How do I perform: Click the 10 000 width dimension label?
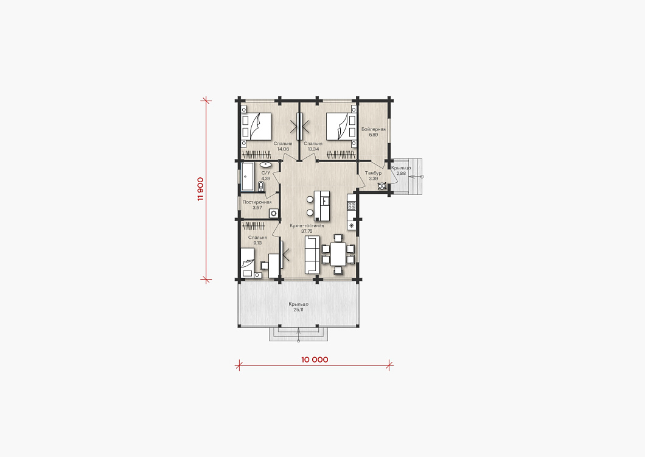pyautogui.click(x=315, y=360)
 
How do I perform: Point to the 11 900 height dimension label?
pyautogui.click(x=200, y=189)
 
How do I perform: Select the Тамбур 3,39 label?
pyautogui.click(x=373, y=176)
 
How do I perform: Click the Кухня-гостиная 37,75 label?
pyautogui.click(x=307, y=228)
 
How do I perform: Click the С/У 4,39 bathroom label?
pyautogui.click(x=266, y=176)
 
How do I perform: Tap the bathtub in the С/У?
pyautogui.click(x=247, y=177)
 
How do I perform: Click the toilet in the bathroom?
pyautogui.click(x=261, y=186)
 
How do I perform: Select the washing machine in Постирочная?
pyautogui.click(x=273, y=213)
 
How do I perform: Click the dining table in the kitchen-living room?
pyautogui.click(x=338, y=254)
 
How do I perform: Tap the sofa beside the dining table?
pyautogui.click(x=312, y=255)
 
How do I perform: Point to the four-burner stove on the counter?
pyautogui.click(x=351, y=205)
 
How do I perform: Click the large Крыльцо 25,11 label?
pyautogui.click(x=299, y=307)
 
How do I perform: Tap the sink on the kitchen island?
pyautogui.click(x=326, y=201)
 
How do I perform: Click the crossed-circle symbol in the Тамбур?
pyautogui.click(x=382, y=186)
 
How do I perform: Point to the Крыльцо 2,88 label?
pyautogui.click(x=401, y=171)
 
